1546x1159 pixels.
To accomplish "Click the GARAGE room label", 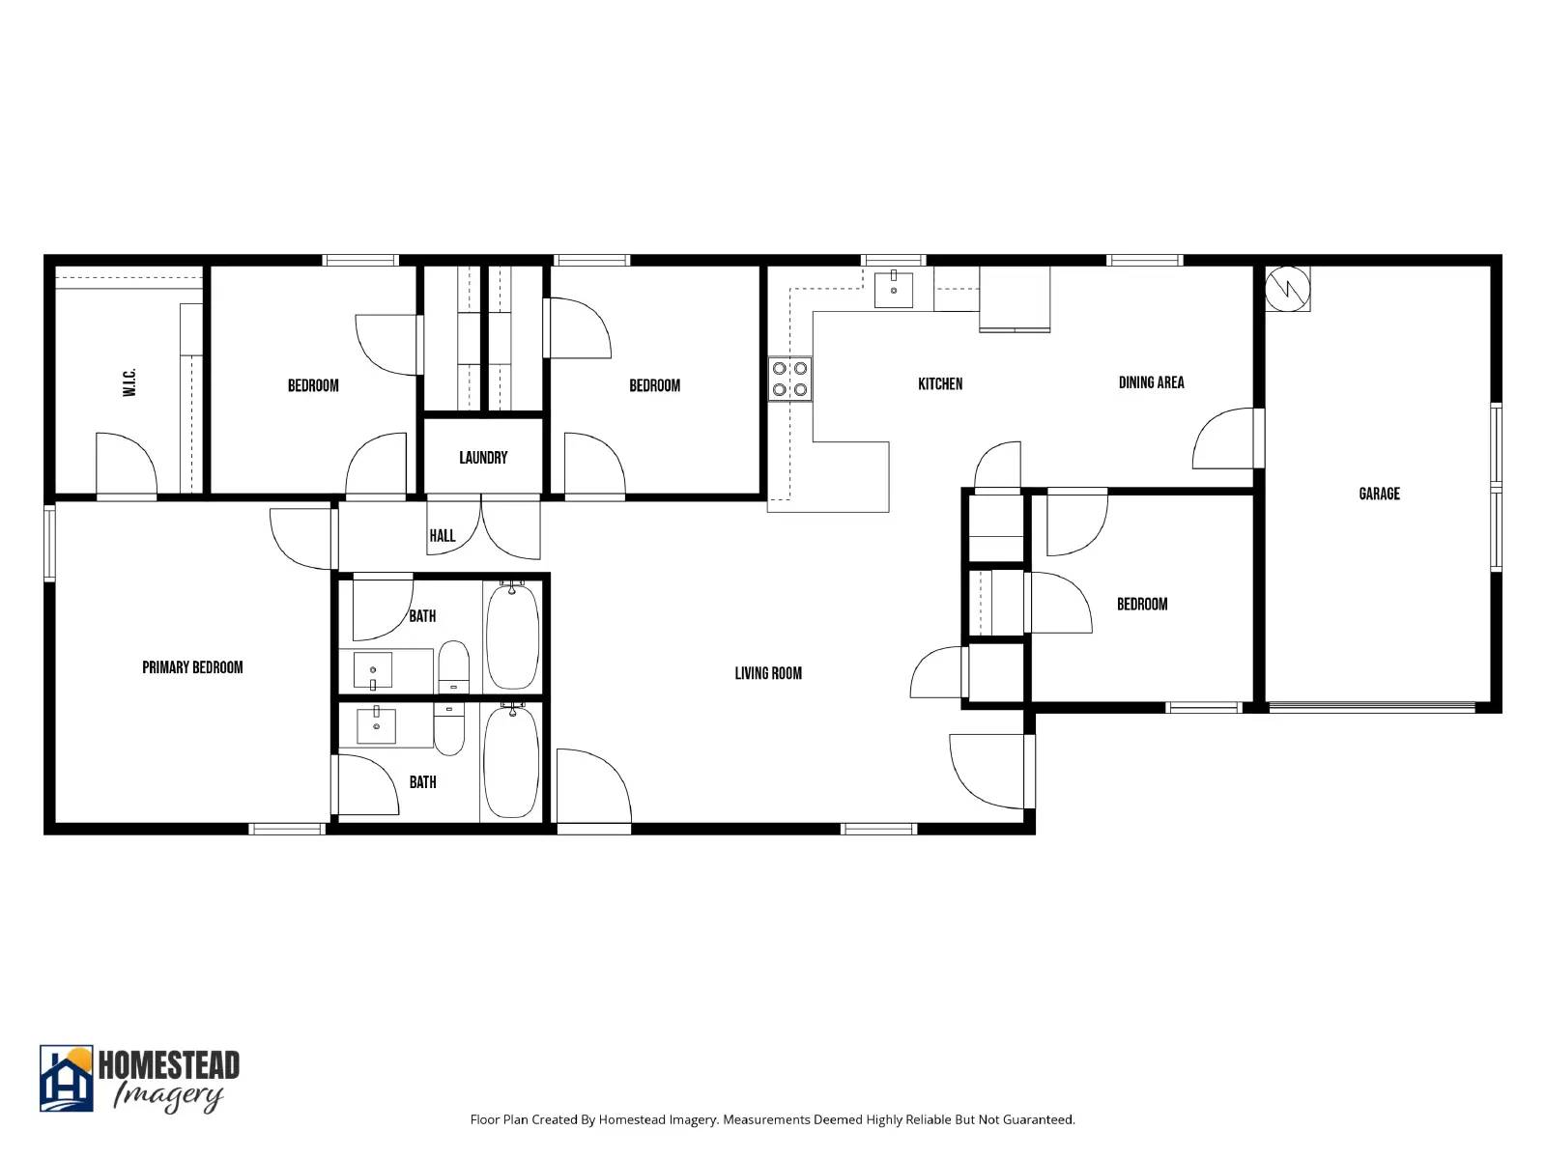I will click(x=1379, y=494).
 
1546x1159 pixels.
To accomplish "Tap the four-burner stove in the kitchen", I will click(x=789, y=379).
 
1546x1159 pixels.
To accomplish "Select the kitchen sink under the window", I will click(x=894, y=290).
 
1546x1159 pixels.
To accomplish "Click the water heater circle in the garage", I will click(x=1287, y=288).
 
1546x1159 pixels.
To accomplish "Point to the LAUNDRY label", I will click(x=483, y=457).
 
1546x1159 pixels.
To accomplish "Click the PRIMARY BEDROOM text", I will click(x=192, y=667).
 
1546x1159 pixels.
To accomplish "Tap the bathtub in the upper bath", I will click(x=512, y=636).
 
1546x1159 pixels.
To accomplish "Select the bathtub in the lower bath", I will click(x=510, y=761).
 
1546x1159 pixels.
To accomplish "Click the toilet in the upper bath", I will click(x=453, y=666).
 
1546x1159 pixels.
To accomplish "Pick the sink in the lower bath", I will click(x=376, y=724).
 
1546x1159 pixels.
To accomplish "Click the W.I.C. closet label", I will click(x=129, y=382).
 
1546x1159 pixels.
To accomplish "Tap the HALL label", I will click(x=442, y=535).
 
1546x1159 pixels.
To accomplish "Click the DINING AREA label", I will click(x=1151, y=382).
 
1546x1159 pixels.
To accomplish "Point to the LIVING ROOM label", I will click(x=768, y=673).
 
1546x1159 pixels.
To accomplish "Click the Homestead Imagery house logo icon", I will click(x=66, y=1078).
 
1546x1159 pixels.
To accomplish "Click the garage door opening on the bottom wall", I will click(x=1372, y=708).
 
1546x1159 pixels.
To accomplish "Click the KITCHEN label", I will click(x=940, y=383).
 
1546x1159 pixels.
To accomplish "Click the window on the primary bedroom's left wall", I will click(x=49, y=544).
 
